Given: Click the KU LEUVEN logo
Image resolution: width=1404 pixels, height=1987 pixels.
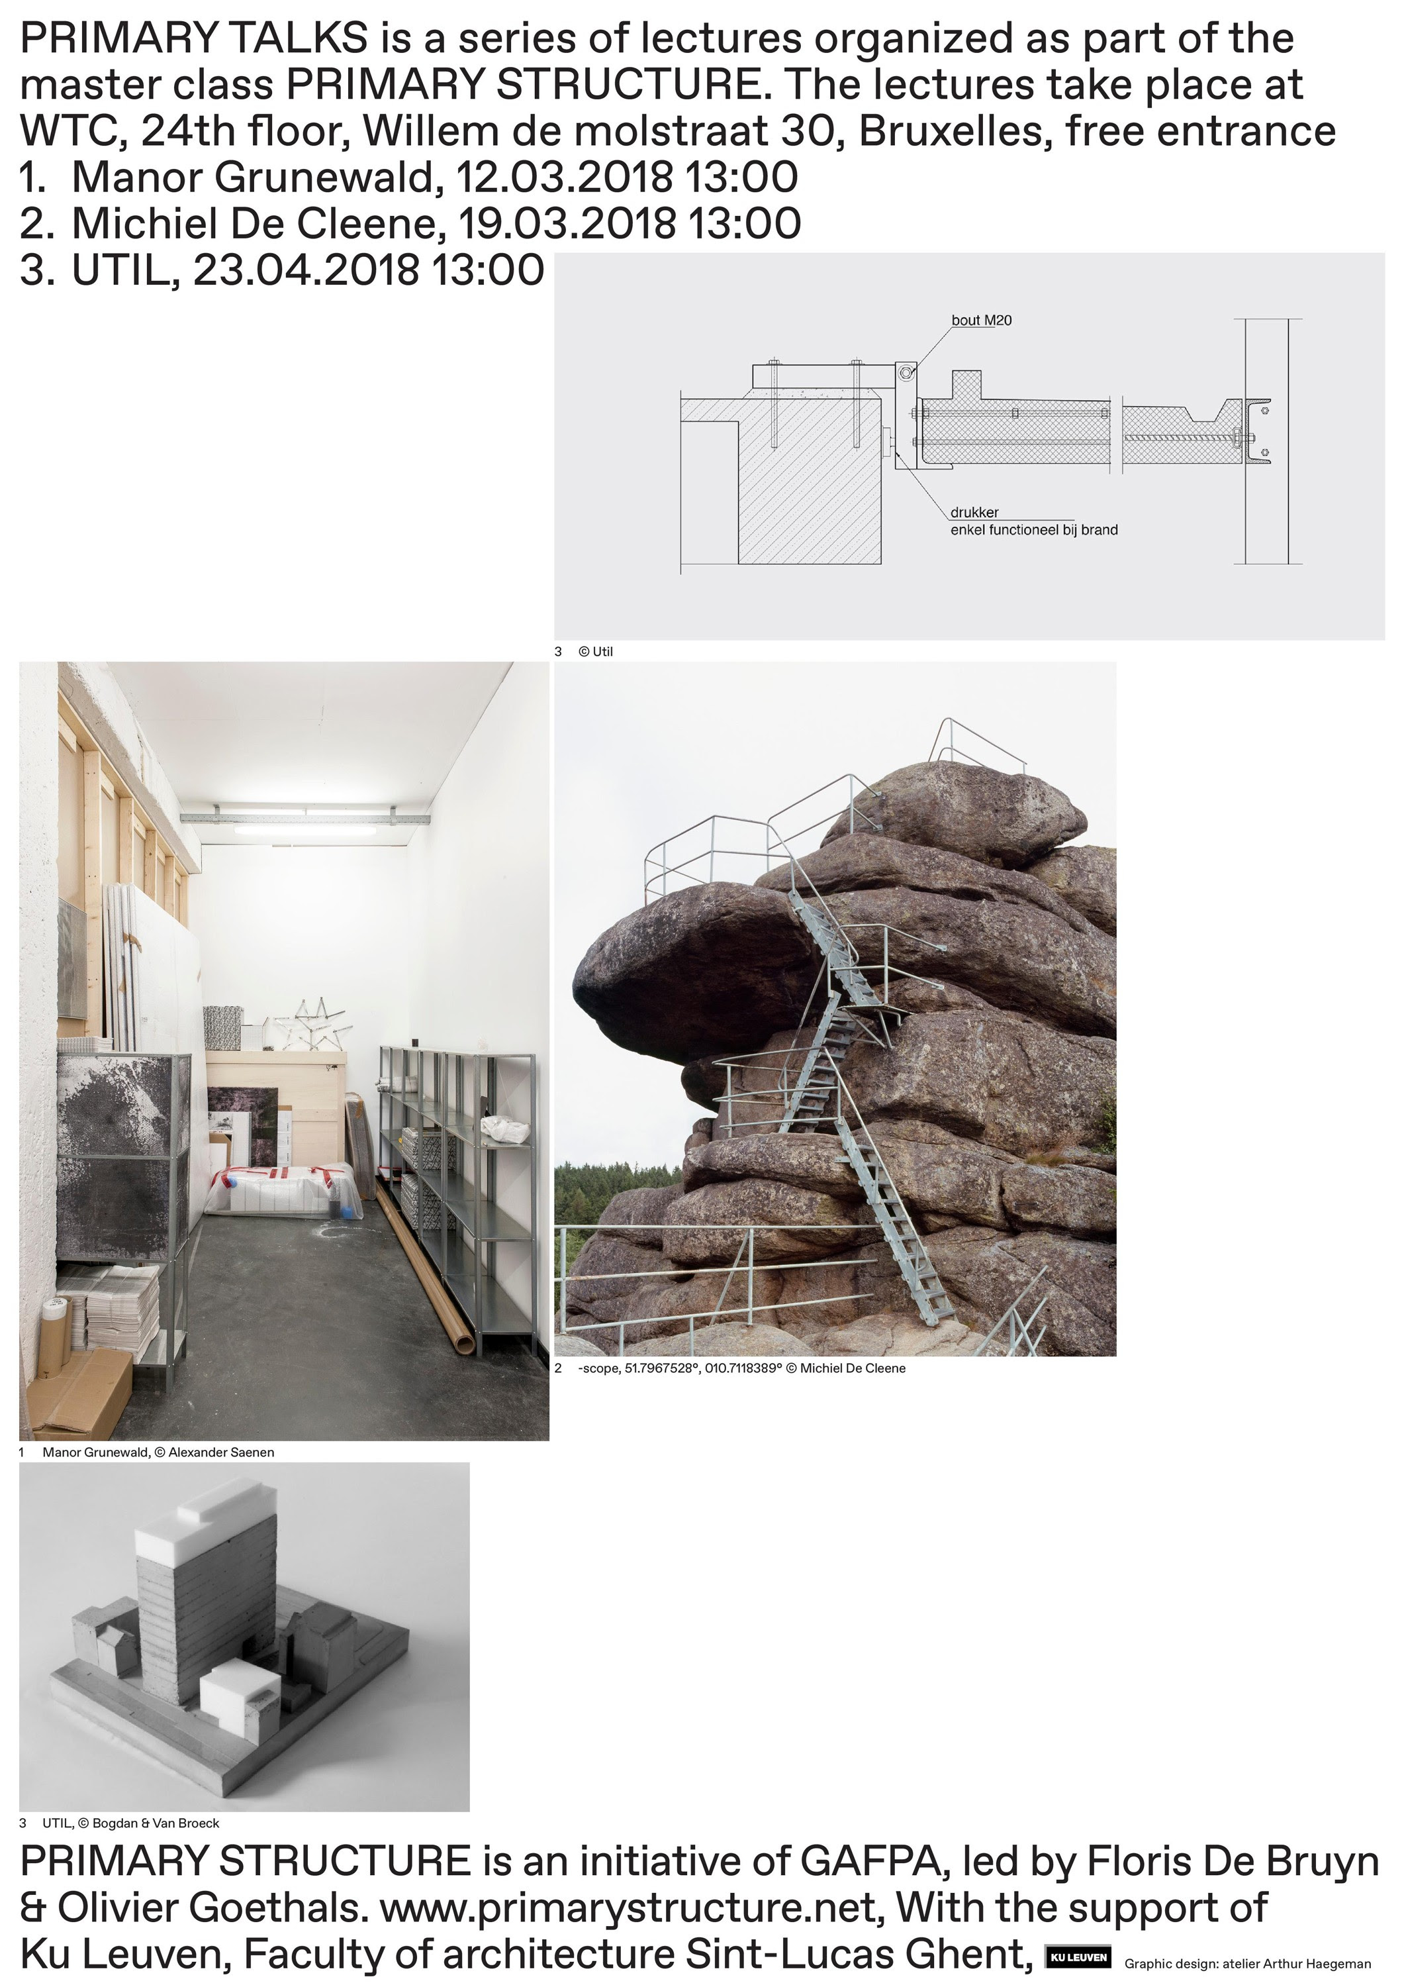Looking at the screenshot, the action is [1078, 1957].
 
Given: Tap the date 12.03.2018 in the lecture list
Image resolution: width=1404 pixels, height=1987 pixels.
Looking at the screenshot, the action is [563, 178].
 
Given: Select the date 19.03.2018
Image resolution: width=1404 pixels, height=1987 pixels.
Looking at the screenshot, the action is [567, 223].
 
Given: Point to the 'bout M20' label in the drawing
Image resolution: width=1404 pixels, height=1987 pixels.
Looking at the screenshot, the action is [981, 320].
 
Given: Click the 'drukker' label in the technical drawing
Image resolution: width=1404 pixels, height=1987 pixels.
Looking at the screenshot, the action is [974, 513].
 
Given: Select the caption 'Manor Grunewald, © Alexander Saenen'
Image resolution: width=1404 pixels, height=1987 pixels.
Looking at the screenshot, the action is [158, 1452].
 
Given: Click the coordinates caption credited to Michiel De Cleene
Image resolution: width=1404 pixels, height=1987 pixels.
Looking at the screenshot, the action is [741, 1368].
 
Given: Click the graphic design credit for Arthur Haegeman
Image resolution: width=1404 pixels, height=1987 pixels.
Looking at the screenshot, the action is [1247, 1964].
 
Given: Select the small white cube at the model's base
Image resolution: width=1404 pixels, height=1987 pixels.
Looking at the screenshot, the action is [240, 1694].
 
